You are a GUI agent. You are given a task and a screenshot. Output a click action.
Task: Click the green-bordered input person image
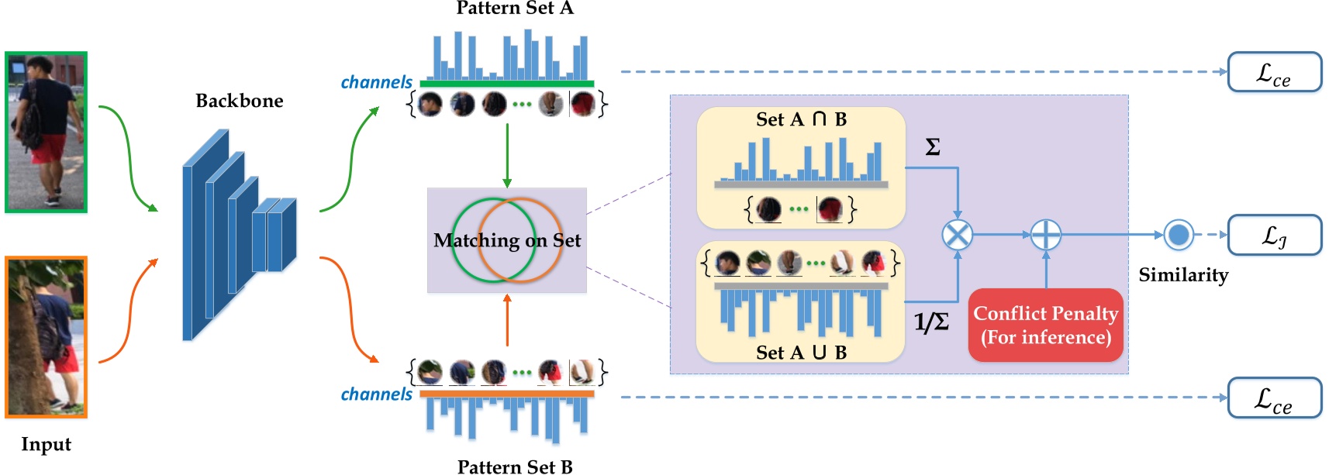coord(46,132)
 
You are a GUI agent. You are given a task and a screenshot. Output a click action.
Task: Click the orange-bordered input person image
coord(46,337)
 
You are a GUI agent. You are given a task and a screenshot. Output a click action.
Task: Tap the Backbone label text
coord(239,101)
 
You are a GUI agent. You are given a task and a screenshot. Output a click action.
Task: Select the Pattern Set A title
coord(514,9)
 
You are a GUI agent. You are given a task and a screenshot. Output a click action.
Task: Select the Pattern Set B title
coord(514,466)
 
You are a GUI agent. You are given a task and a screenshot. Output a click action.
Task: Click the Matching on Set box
coord(506,240)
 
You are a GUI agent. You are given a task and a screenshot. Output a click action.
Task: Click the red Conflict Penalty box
coord(1045,325)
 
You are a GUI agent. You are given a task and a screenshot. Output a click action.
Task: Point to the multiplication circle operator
coord(957,234)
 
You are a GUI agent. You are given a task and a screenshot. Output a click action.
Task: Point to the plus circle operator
coord(1045,234)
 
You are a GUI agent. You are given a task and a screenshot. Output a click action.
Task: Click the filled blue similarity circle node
coord(1179,234)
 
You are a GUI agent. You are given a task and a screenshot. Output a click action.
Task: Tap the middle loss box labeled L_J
coord(1274,235)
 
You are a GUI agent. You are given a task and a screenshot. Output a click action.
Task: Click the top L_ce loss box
coord(1274,72)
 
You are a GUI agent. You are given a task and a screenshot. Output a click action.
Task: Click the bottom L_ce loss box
coord(1274,398)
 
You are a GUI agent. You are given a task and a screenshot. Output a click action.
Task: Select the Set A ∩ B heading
coord(801,119)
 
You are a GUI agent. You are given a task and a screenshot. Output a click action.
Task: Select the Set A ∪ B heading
coord(801,353)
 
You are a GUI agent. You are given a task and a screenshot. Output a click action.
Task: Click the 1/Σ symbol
coord(930,322)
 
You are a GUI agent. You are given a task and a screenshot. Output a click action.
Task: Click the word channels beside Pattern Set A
coord(376,82)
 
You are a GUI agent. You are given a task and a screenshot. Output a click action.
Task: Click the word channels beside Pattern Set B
coord(376,394)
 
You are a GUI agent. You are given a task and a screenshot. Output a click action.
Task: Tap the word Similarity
coord(1183,275)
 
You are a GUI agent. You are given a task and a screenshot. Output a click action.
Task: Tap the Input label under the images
coord(46,444)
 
